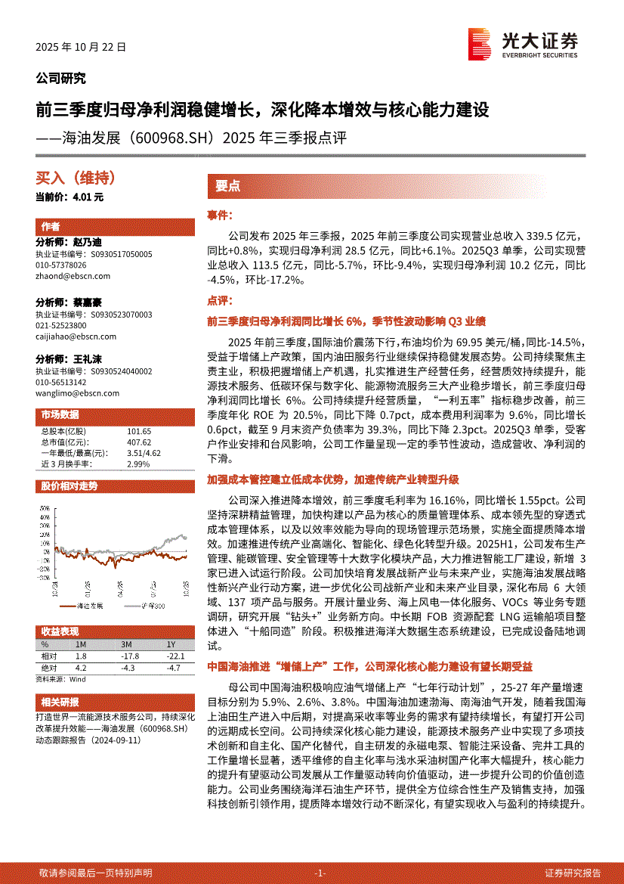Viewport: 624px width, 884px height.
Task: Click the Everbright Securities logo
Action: [x=523, y=43]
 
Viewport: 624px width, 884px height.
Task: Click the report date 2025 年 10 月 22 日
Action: [x=81, y=46]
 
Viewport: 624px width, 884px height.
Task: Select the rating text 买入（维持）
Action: [x=76, y=178]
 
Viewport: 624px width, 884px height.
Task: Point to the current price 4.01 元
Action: [x=91, y=197]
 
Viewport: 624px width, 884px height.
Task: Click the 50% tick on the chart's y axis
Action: [x=46, y=508]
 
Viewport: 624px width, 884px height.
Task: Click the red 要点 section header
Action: [x=227, y=186]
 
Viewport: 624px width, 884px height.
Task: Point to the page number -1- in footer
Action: [x=320, y=873]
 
